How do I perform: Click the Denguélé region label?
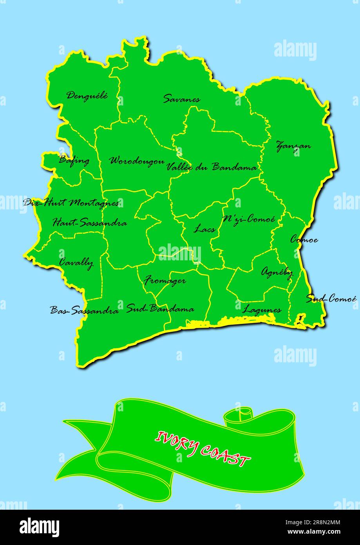point(87,95)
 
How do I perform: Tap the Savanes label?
point(181,99)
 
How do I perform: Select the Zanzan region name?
point(293,146)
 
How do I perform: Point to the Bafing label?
point(74,160)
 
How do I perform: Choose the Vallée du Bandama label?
point(212,167)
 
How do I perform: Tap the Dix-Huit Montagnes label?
point(71,203)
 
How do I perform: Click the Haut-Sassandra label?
point(90,223)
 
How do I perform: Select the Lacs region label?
point(204,229)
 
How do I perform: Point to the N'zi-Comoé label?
point(248,220)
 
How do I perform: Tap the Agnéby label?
point(277,272)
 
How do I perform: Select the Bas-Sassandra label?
point(84,311)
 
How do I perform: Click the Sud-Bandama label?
point(160,309)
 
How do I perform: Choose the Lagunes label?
point(262,310)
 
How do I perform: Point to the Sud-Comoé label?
point(331,299)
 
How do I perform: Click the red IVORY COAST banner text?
point(203,449)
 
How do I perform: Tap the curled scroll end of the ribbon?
point(239,416)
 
